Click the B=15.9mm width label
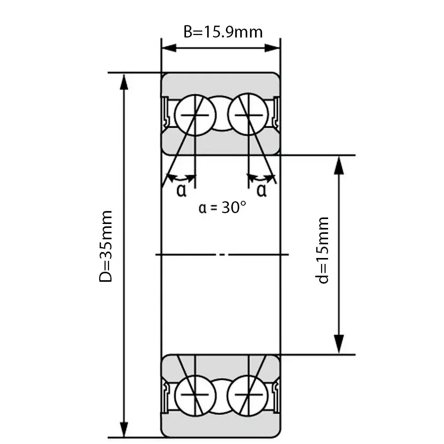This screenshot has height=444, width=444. tap(223, 32)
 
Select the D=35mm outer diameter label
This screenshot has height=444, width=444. tap(106, 246)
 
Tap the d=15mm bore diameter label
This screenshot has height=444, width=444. tap(322, 250)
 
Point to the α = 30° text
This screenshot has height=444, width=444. tap(222, 207)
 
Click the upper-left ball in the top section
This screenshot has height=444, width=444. tap(195, 115)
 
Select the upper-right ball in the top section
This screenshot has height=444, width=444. tap(248, 114)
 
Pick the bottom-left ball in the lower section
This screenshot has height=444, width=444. tap(195, 395)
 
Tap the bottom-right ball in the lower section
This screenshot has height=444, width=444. tap(248, 395)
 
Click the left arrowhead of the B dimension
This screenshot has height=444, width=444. tap(169, 48)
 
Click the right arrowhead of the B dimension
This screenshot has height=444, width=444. tap(272, 48)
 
